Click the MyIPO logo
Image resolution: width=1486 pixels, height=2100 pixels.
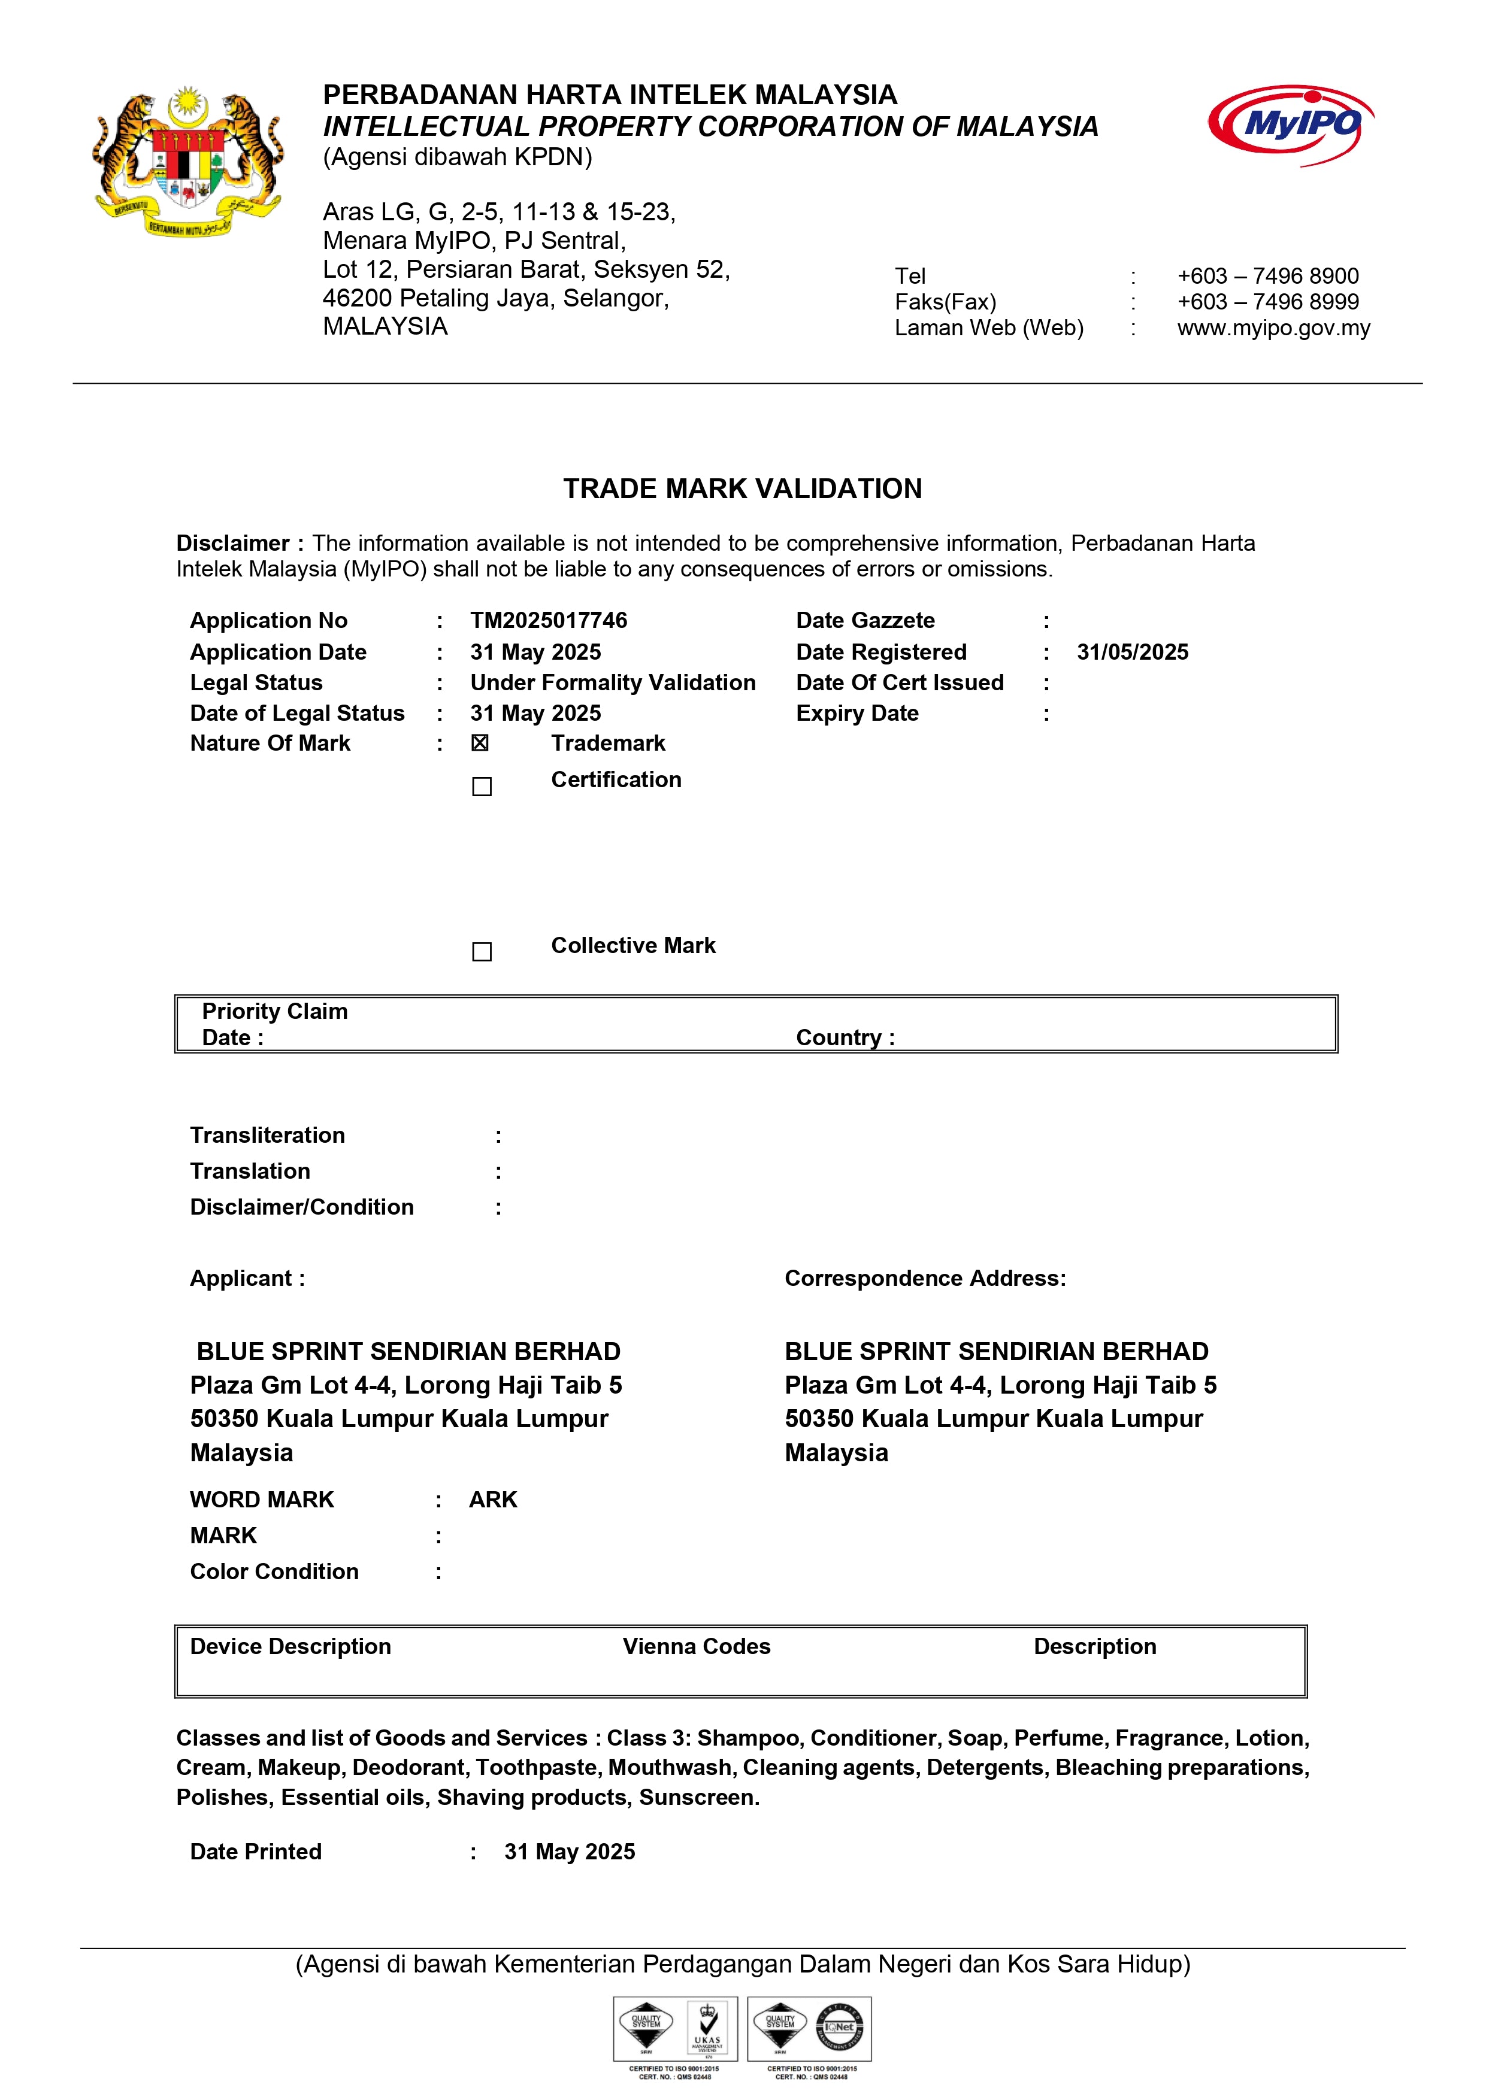click(x=1292, y=125)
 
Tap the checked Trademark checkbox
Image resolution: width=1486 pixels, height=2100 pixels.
click(x=480, y=743)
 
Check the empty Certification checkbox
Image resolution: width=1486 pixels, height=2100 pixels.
click(x=482, y=787)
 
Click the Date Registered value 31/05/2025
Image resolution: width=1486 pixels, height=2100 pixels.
click(x=1132, y=652)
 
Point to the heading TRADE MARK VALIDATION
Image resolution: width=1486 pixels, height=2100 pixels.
click(x=742, y=488)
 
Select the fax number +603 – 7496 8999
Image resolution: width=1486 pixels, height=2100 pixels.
click(x=1267, y=302)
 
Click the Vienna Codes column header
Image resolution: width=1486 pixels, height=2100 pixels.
click(x=697, y=1646)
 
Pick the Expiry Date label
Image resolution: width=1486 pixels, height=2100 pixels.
click(x=857, y=714)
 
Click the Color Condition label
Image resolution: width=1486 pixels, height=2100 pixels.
click(x=274, y=1571)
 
